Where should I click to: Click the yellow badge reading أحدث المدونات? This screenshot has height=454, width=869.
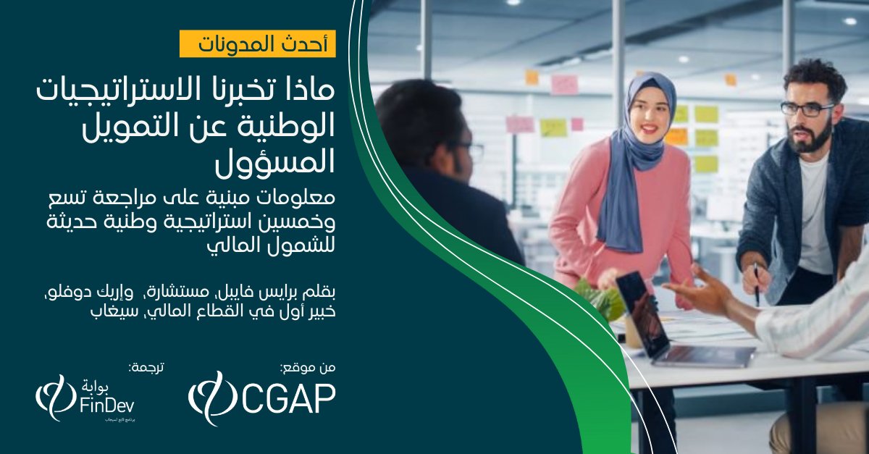click(258, 44)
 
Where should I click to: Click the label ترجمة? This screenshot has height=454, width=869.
click(146, 367)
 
